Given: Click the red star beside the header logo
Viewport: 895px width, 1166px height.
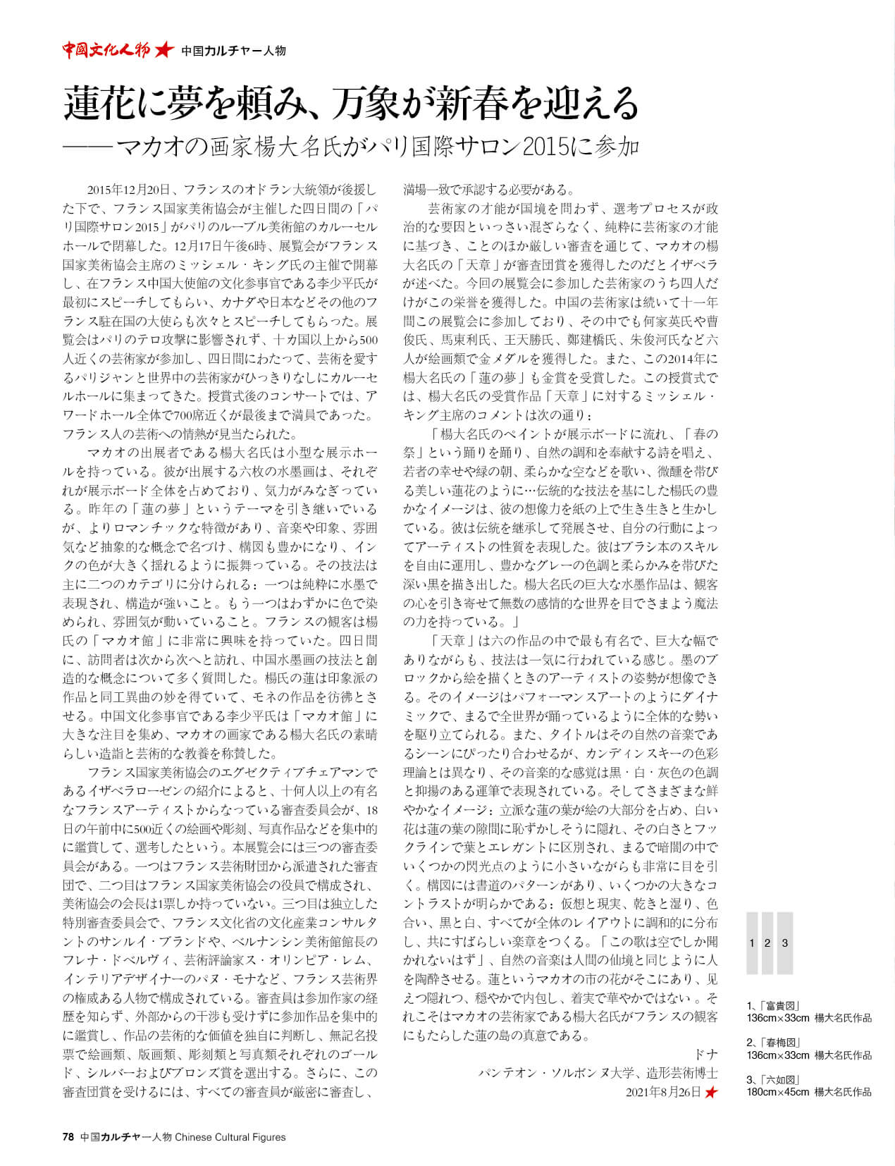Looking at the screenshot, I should click(163, 50).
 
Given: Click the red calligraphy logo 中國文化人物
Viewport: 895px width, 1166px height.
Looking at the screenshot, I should click(106, 50).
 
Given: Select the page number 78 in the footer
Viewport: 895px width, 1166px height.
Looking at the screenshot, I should click(68, 1136).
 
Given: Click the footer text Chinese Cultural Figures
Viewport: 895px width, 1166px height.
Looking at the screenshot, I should click(230, 1136).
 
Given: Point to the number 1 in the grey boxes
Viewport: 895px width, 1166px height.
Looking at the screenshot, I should click(752, 943).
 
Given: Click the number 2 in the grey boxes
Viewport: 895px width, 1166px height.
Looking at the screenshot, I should click(767, 943).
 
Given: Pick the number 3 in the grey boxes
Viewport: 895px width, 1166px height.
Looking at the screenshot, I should click(784, 943).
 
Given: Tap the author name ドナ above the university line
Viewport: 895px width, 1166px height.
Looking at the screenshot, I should click(705, 1054).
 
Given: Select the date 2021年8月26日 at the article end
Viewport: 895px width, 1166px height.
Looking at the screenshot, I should click(663, 1092).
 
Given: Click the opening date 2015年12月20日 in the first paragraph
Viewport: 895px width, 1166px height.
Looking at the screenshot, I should click(129, 190).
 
